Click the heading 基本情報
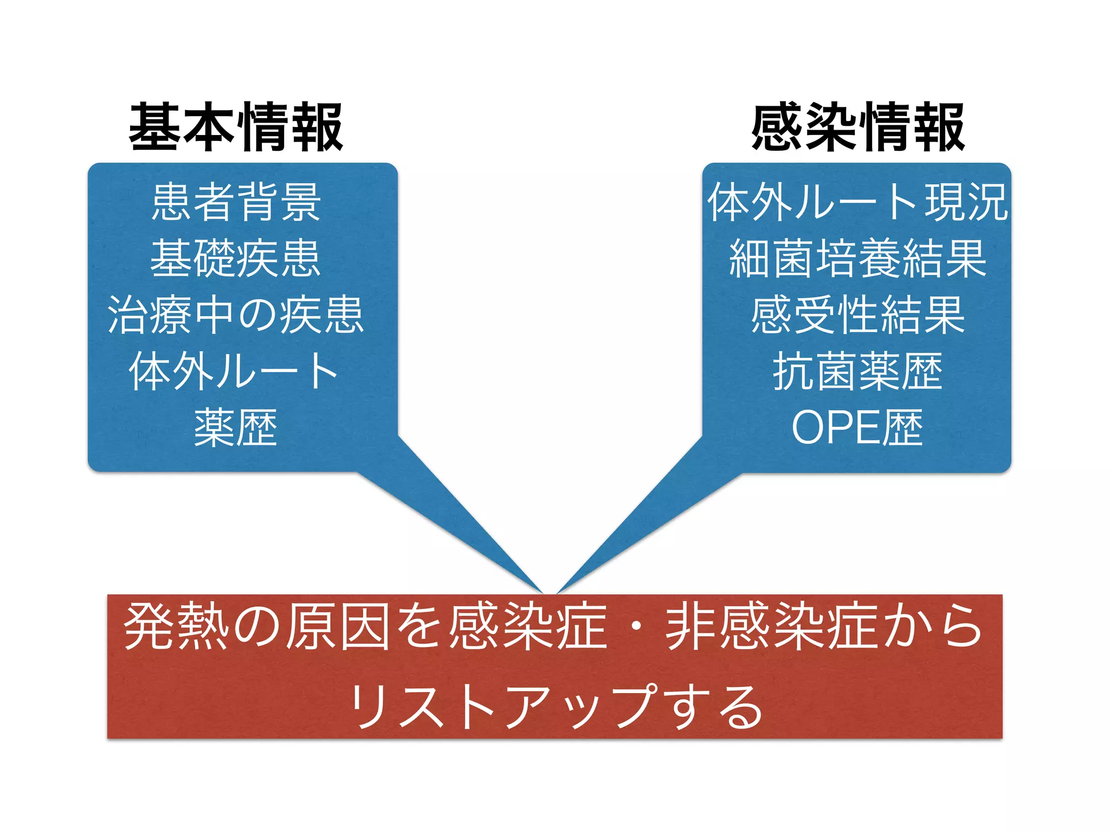click(x=236, y=127)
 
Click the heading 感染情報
click(x=858, y=127)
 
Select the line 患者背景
click(x=236, y=202)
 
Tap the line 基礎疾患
click(x=236, y=259)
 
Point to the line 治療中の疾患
click(x=236, y=315)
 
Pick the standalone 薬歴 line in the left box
click(x=236, y=428)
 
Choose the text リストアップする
click(x=555, y=705)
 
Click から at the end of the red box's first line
click(x=932, y=627)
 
